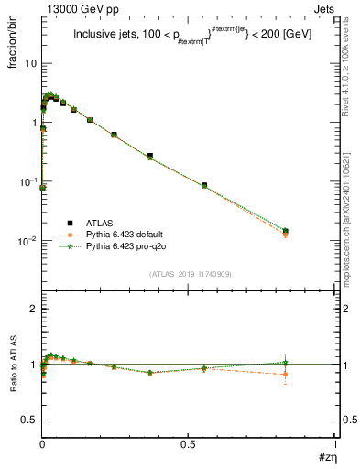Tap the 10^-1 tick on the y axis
29,182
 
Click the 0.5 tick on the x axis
188,444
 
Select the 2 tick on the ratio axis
34,310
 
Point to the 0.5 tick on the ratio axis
30,420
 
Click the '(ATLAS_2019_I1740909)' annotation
190,274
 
